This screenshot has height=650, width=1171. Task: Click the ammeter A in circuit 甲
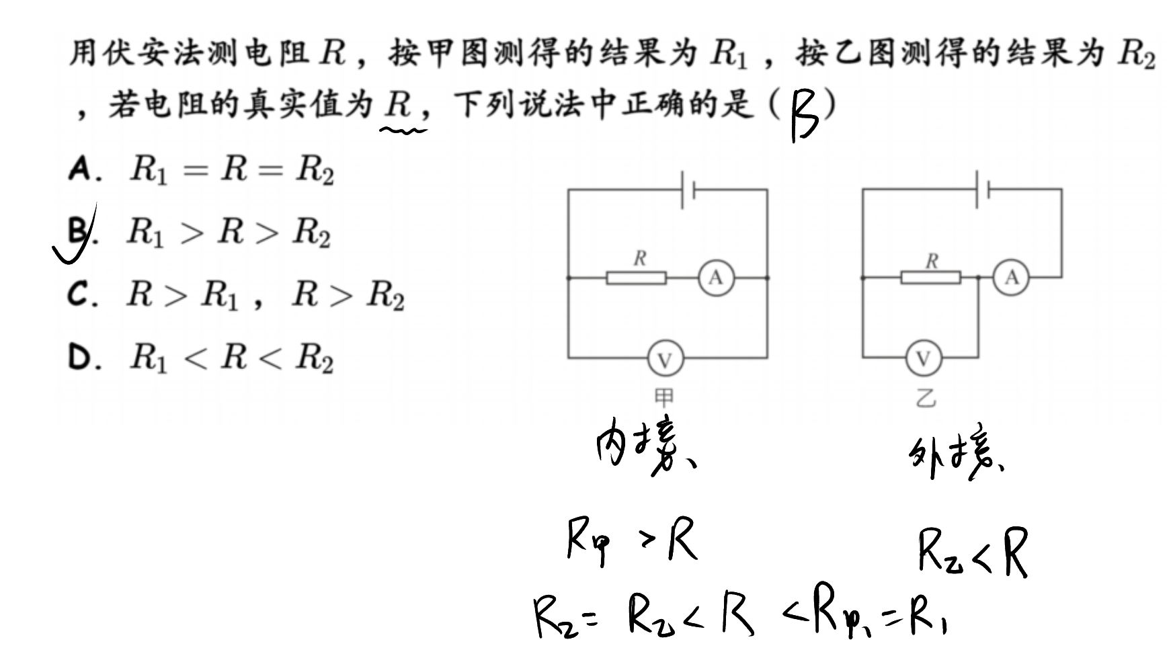click(x=715, y=277)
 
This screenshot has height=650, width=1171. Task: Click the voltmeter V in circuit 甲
click(x=665, y=360)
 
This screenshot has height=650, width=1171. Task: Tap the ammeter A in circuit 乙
click(x=1012, y=277)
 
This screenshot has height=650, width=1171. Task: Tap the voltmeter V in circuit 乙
click(x=924, y=360)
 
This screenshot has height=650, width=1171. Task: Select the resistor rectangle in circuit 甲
click(x=636, y=278)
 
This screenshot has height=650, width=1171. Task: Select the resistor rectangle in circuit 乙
click(x=931, y=277)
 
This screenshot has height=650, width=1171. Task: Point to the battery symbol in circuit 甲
click(x=688, y=190)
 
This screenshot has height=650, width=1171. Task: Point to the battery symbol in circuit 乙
click(x=982, y=190)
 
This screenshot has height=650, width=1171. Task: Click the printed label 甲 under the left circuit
click(x=664, y=398)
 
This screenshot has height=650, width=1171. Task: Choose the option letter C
click(x=77, y=295)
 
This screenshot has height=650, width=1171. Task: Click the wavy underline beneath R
click(x=403, y=130)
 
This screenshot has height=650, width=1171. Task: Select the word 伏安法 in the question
click(x=139, y=52)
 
